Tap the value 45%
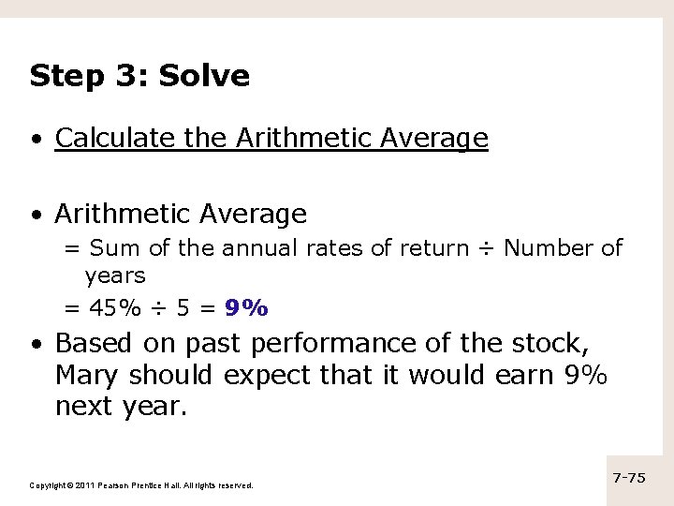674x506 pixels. click(x=110, y=306)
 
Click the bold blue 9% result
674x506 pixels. click(x=247, y=306)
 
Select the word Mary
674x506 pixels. click(x=87, y=377)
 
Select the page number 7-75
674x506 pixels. click(x=629, y=478)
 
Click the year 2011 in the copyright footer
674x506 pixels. click(x=83, y=484)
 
